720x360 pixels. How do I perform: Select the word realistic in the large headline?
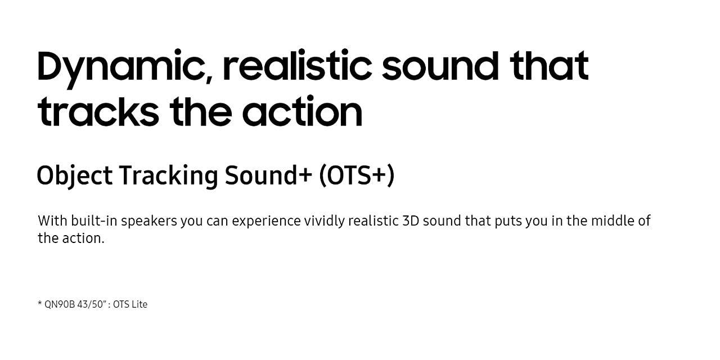click(298, 65)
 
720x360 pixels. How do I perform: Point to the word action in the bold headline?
click(303, 111)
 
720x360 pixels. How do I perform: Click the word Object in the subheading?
click(75, 176)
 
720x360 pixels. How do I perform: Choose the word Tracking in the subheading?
click(169, 176)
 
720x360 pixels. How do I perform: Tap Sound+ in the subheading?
click(268, 175)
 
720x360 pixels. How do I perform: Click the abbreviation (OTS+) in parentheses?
click(357, 175)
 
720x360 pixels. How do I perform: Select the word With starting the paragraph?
click(52, 221)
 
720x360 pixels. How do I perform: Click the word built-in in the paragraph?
click(94, 221)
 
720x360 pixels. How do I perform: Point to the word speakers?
click(149, 222)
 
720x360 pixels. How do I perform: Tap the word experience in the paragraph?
click(266, 222)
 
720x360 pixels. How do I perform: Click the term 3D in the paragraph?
click(411, 221)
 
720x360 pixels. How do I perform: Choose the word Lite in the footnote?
click(139, 304)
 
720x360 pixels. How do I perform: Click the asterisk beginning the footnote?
click(40, 303)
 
